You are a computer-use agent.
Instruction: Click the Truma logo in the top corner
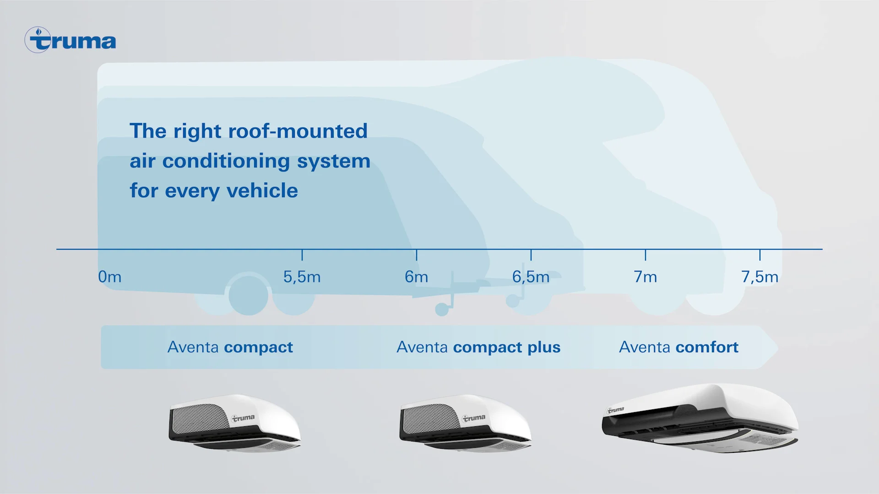click(x=71, y=40)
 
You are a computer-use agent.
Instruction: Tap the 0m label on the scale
click(x=110, y=277)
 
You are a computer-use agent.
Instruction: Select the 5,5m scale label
click(x=302, y=277)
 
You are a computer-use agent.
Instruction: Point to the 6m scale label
click(x=416, y=277)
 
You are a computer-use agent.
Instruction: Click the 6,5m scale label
click(x=531, y=277)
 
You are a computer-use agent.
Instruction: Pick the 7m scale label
click(x=645, y=277)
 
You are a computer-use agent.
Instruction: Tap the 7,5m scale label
click(x=760, y=277)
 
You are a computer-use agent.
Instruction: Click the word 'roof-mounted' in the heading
click(x=298, y=131)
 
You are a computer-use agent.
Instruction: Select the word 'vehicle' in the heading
click(x=262, y=191)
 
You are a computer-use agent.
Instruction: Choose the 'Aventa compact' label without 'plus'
click(x=230, y=347)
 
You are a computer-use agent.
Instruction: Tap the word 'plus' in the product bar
click(x=543, y=348)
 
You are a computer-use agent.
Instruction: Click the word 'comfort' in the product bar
click(x=707, y=347)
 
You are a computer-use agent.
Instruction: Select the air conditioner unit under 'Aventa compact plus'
click(x=465, y=423)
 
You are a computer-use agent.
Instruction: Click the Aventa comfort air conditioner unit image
click(x=700, y=419)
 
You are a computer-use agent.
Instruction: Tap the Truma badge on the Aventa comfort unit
click(x=616, y=410)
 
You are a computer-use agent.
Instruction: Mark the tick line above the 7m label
click(x=646, y=255)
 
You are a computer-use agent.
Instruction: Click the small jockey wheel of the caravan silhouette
click(x=442, y=310)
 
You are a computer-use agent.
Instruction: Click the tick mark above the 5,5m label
click(x=302, y=255)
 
